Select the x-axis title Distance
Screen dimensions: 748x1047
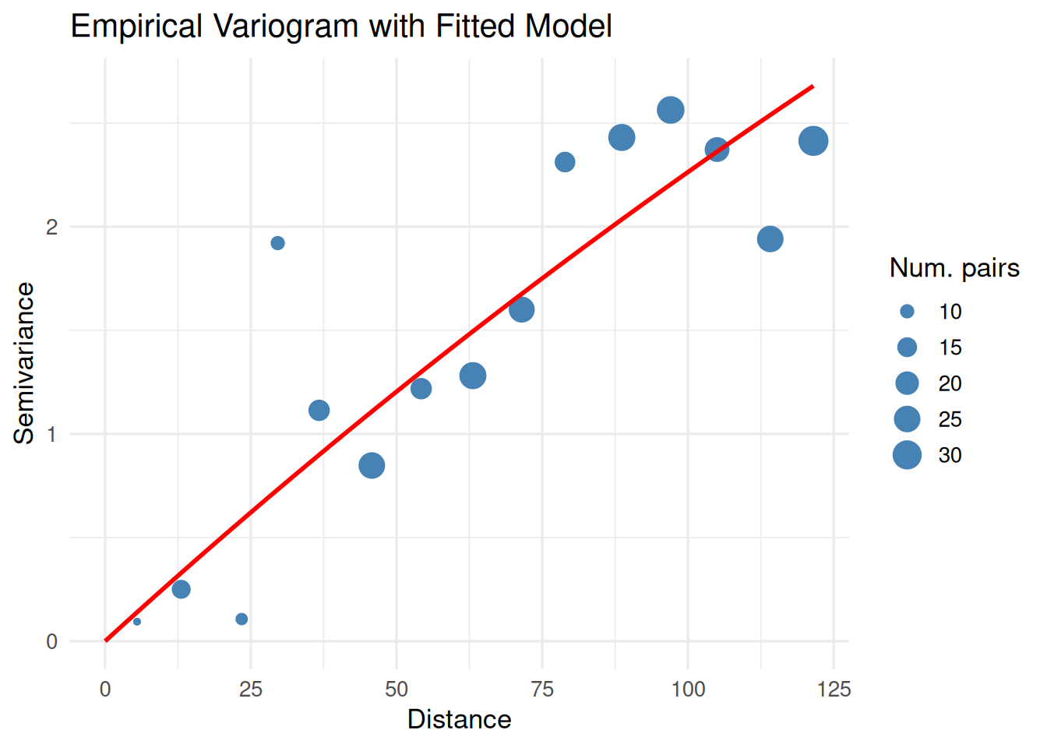pyautogui.click(x=459, y=719)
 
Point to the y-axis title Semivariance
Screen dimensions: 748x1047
pyautogui.click(x=24, y=363)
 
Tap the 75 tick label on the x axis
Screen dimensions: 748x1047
pyautogui.click(x=542, y=689)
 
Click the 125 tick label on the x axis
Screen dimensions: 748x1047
pyautogui.click(x=834, y=689)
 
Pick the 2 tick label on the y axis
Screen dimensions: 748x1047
pyautogui.click(x=52, y=228)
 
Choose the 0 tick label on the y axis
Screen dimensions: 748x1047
pyautogui.click(x=52, y=642)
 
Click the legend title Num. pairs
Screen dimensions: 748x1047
pyautogui.click(x=954, y=268)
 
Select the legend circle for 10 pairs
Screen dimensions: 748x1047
pyautogui.click(x=907, y=312)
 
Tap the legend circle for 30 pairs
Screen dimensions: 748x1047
pyautogui.click(x=907, y=455)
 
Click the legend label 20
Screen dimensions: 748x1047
pyautogui.click(x=950, y=383)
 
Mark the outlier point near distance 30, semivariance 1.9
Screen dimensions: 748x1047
pyautogui.click(x=277, y=243)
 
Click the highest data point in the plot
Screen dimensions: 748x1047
pyautogui.click(x=671, y=111)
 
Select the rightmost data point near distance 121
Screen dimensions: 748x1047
pyautogui.click(x=813, y=141)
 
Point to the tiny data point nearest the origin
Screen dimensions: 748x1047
pyautogui.click(x=137, y=622)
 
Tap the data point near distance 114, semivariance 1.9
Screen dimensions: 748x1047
pyautogui.click(x=770, y=239)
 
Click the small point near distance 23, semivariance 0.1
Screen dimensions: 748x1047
pyautogui.click(x=241, y=619)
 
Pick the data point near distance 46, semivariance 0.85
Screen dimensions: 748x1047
pyautogui.click(x=372, y=465)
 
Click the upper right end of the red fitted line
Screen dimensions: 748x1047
pyautogui.click(x=813, y=86)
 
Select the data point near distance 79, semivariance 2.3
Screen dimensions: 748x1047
pyautogui.click(x=565, y=162)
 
